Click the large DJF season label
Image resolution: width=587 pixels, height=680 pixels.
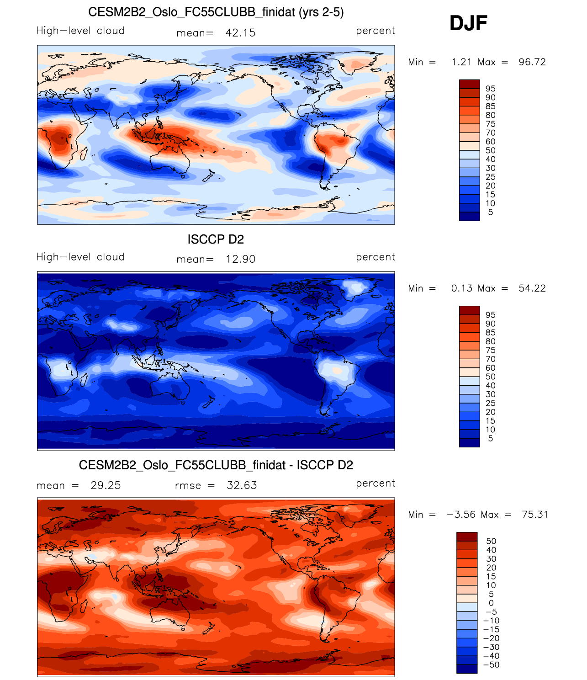tap(468, 23)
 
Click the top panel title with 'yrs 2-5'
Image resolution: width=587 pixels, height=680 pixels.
tap(216, 12)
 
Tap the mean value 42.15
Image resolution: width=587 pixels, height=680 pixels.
tap(240, 33)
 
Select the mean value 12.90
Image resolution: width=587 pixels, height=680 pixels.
tap(240, 259)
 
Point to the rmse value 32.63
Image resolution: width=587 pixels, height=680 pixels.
tap(242, 485)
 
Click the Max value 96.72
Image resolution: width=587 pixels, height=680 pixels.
tap(532, 62)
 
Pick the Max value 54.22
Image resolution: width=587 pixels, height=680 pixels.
tap(532, 288)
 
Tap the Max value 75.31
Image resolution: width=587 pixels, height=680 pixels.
tap(535, 515)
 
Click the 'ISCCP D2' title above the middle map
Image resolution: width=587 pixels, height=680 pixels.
tap(216, 239)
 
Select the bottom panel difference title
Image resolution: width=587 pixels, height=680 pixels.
tap(216, 465)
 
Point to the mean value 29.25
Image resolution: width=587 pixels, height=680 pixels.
tap(106, 485)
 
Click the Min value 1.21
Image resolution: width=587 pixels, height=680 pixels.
tap(461, 62)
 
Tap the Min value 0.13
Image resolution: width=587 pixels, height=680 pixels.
tap(461, 288)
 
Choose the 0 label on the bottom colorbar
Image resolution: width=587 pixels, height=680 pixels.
tap(491, 603)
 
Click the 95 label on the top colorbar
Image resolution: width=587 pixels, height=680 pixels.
tap(491, 89)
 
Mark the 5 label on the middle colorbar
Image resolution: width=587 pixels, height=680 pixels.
tap(491, 439)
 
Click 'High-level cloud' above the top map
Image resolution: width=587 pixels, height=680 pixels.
tap(80, 31)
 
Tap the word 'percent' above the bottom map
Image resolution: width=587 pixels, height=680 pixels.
tap(375, 483)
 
